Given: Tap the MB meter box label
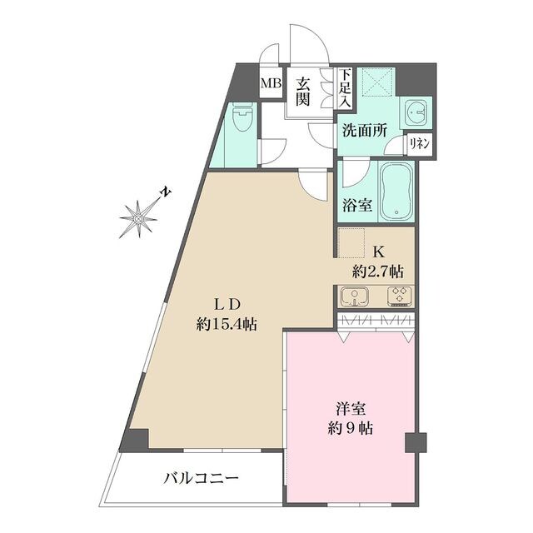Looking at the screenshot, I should pyautogui.click(x=271, y=84).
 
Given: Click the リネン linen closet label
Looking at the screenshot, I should pyautogui.click(x=419, y=143).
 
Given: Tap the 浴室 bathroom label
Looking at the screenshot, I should pyautogui.click(x=356, y=205).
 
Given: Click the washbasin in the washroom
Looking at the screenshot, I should pyautogui.click(x=416, y=112).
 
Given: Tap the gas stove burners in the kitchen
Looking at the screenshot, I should pyautogui.click(x=398, y=296).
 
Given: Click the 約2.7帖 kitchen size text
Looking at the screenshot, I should pyautogui.click(x=377, y=271).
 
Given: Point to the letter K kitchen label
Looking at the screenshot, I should pyautogui.click(x=377, y=251).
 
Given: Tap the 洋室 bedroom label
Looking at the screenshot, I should pyautogui.click(x=349, y=410).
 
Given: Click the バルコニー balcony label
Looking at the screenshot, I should pyautogui.click(x=201, y=479).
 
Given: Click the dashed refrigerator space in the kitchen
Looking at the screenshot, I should pyautogui.click(x=352, y=243).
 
